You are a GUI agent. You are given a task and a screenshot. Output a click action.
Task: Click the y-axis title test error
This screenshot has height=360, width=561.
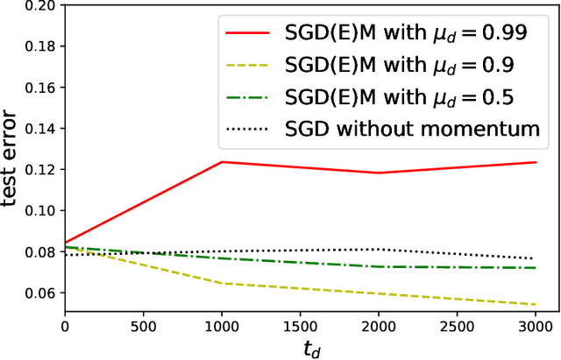pos(11,157)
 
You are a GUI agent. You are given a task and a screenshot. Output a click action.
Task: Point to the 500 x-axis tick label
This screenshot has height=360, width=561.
pos(143,326)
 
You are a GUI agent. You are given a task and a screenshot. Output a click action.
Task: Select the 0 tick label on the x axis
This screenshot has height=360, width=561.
pos(65,326)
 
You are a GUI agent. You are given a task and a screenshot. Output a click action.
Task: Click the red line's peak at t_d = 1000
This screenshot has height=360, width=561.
pos(222,162)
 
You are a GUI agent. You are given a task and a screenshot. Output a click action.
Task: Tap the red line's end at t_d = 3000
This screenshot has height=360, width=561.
pos(536,162)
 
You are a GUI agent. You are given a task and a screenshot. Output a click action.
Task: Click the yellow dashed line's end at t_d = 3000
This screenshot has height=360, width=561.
pos(536,305)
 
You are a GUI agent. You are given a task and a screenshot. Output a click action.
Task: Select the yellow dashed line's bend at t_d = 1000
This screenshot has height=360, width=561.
pos(222,283)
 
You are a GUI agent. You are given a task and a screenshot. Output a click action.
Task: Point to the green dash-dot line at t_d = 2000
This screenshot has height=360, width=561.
pos(379,266)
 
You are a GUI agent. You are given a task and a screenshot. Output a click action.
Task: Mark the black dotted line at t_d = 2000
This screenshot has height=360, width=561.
pos(379,250)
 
